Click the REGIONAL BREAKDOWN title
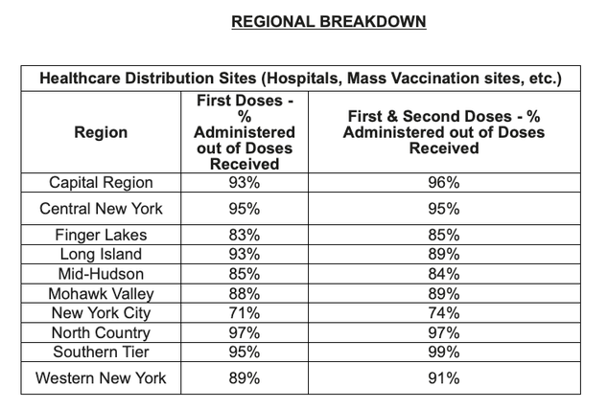tap(329, 22)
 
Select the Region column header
tap(101, 132)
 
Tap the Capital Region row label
tap(101, 183)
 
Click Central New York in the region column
tap(101, 209)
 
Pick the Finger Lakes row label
tap(101, 235)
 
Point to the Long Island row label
tap(101, 255)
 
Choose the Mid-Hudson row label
tap(101, 274)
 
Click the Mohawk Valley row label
tap(101, 294)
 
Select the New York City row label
tap(101, 313)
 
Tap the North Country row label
tap(101, 333)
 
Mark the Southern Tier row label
tap(101, 352)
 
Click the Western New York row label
tap(101, 378)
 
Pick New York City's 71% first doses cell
tap(245, 313)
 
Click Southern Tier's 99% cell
tap(444, 352)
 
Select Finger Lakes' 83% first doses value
tap(245, 235)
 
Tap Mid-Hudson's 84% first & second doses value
tap(444, 274)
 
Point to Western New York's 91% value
tap(444, 378)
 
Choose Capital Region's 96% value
tap(444, 183)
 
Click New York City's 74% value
tap(444, 313)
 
